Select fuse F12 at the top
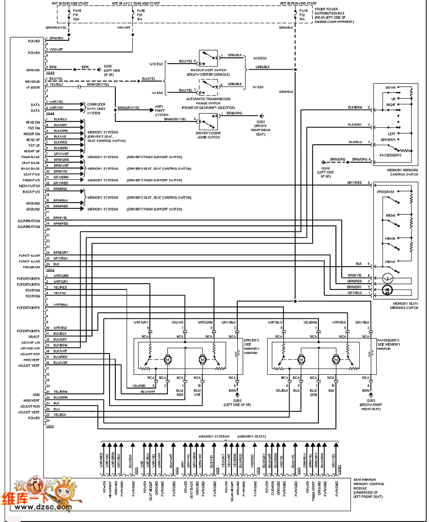(x=303, y=16)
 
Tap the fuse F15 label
(x=75, y=16)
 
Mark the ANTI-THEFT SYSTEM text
(x=162, y=111)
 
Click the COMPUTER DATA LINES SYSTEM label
(x=96, y=109)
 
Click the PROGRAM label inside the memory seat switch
(x=386, y=191)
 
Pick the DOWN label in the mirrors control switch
(x=390, y=87)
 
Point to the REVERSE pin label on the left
(x=33, y=82)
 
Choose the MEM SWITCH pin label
(x=29, y=186)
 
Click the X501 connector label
(x=50, y=427)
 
